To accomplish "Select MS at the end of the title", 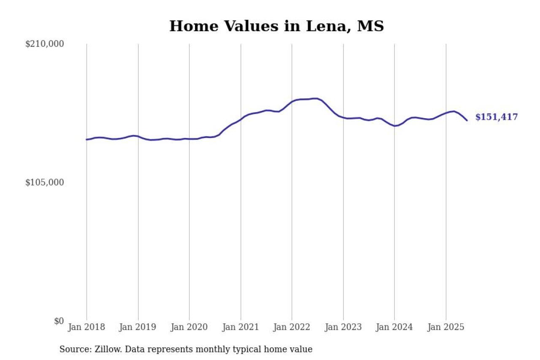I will tap(370, 26).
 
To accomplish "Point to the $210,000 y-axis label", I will tap(45, 44).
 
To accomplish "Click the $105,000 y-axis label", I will tap(45, 182).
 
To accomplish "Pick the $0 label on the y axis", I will tap(59, 321).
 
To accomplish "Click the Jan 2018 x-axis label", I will tap(86, 327).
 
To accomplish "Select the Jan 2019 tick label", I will tap(138, 327).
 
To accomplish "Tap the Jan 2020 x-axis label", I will tap(189, 327).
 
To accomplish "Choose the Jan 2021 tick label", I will tap(240, 327).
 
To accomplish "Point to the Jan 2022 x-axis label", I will tap(292, 327).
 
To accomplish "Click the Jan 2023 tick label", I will tap(343, 327).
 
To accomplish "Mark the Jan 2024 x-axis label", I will tap(394, 327).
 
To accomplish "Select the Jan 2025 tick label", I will tap(446, 327).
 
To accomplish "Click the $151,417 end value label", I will tap(496, 117).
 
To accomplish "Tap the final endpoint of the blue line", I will tap(467, 120).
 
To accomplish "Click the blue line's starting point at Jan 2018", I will tap(86, 139).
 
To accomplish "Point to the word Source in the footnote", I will tap(73, 349).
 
